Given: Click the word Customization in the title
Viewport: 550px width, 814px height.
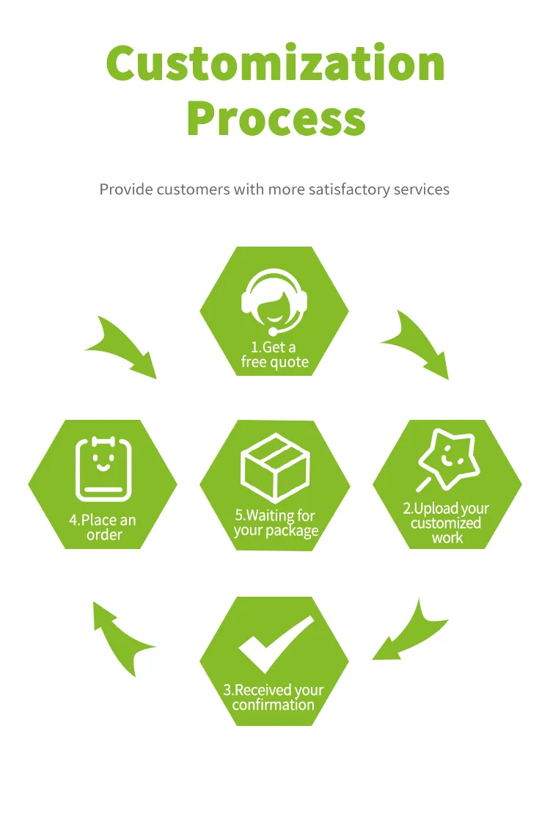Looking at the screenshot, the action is click(276, 63).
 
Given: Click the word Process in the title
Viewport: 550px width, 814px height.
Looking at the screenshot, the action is click(276, 118).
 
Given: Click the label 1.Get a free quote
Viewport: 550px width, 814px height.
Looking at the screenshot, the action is click(274, 354).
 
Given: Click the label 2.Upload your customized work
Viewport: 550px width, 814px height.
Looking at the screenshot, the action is click(446, 523).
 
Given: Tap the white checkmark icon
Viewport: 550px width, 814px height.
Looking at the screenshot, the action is click(276, 643).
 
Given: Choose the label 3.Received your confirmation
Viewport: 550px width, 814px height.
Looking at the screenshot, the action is click(274, 697).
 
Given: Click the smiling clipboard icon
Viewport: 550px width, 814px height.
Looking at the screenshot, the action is click(104, 469).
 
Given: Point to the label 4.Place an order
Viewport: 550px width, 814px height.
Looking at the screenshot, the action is click(103, 528).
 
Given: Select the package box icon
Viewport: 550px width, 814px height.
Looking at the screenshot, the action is click(275, 468).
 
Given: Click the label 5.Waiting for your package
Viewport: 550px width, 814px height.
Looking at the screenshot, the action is click(276, 523).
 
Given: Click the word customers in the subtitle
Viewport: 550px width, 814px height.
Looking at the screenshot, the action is click(194, 189).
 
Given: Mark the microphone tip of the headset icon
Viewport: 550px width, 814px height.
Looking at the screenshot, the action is click(273, 331).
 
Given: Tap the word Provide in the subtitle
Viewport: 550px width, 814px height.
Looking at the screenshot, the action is click(126, 189).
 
